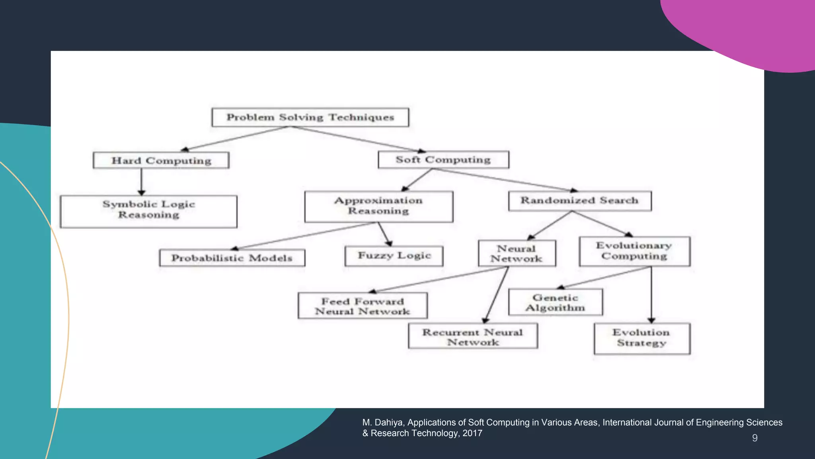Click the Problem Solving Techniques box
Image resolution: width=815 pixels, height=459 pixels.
point(310,117)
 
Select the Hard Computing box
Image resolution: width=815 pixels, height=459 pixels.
point(161,160)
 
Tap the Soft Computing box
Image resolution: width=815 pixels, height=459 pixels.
point(443,159)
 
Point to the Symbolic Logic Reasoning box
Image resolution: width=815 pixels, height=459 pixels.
point(148,211)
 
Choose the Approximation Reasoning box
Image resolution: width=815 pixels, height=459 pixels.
point(378,206)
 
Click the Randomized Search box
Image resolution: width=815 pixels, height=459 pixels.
point(579,200)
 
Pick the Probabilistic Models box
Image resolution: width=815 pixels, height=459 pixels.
point(232,258)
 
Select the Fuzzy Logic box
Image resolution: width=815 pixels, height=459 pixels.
point(394,255)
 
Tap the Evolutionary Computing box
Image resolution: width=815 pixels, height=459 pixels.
point(634,251)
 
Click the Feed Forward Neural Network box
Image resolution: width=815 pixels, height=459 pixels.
point(363,306)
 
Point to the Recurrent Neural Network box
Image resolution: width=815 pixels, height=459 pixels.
point(472,336)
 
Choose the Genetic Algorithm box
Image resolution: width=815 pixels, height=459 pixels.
point(555,302)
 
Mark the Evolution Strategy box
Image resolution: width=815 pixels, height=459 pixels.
point(641,338)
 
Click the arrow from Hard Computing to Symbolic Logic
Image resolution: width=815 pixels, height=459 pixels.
point(141,182)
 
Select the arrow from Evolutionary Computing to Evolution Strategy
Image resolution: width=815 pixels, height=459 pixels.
point(651,295)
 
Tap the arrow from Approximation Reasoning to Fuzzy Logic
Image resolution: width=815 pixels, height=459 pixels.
point(384,234)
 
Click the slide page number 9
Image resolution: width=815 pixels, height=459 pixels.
point(755,438)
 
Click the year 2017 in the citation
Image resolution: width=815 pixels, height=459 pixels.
point(472,433)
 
